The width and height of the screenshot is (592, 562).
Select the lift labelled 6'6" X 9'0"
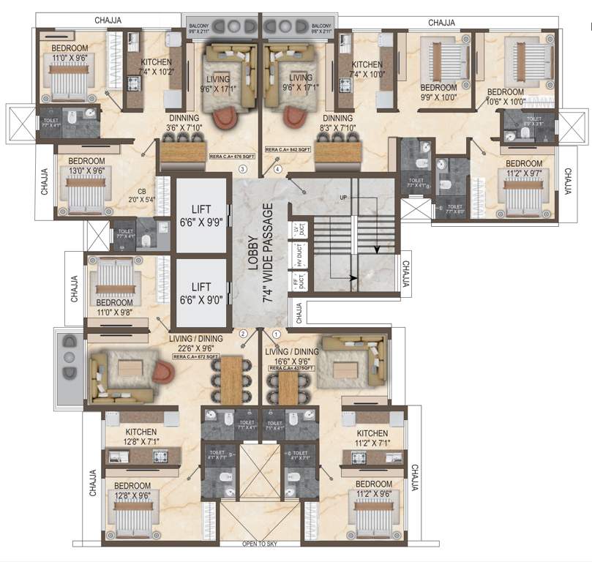[x=200, y=292]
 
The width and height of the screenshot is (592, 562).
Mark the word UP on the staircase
[x=342, y=198]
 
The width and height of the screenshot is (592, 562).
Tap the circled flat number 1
[x=276, y=334]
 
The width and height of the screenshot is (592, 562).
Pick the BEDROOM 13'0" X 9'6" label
[x=90, y=168]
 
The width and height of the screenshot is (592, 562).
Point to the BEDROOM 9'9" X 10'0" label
[x=438, y=92]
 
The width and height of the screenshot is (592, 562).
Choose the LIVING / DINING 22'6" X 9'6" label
[x=196, y=344]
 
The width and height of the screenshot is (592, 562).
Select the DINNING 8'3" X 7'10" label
[x=338, y=122]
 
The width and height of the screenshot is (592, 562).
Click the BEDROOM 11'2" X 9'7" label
[x=524, y=169]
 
